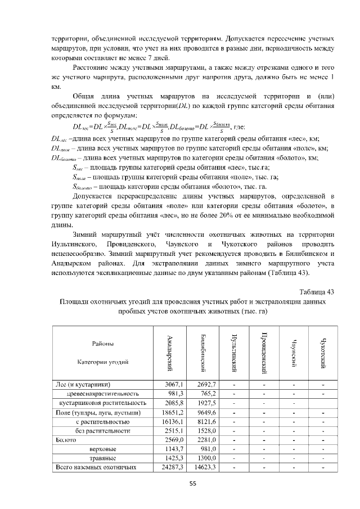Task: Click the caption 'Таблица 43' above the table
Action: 317,291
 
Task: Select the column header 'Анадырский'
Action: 170,353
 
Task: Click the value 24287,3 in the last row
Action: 173,467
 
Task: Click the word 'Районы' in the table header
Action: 103,344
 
